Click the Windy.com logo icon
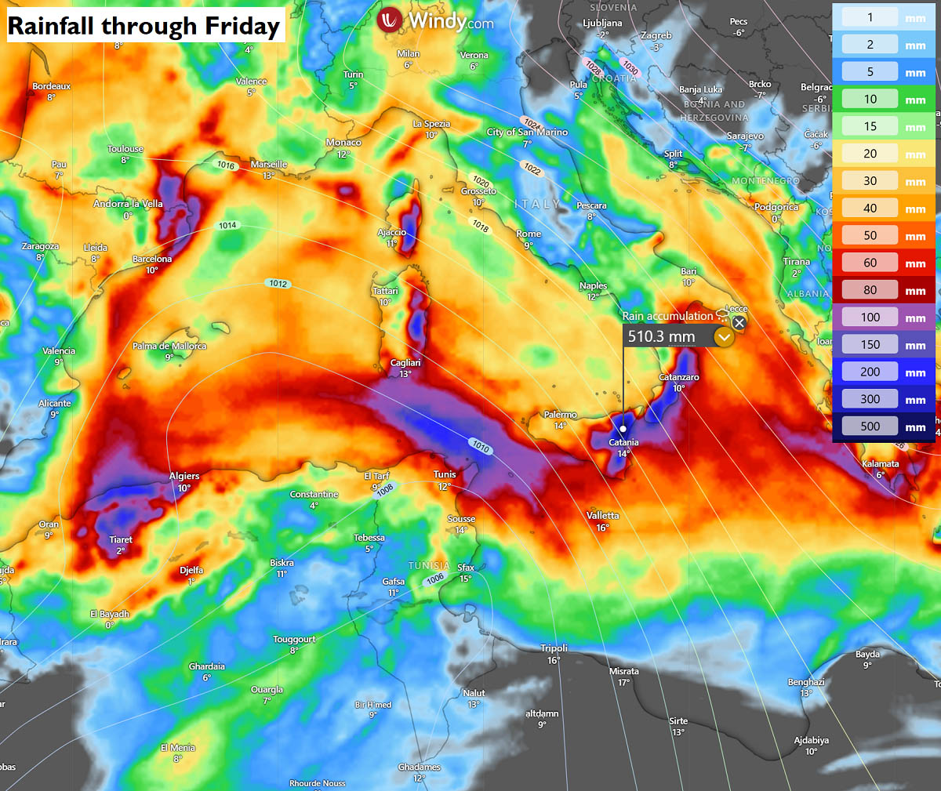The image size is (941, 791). [390, 20]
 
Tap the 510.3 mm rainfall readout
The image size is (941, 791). [661, 337]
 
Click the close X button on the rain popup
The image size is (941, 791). [739, 322]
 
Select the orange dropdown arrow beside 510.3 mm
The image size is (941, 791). [724, 337]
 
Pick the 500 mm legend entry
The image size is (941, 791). [870, 426]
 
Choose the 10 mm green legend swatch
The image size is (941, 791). [870, 100]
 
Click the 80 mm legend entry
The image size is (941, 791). [870, 290]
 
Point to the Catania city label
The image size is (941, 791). [623, 443]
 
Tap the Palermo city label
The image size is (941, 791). [560, 415]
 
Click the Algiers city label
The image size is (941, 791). [184, 477]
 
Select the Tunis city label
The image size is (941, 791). [445, 474]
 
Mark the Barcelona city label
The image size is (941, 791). [152, 259]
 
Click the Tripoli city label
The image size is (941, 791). [554, 648]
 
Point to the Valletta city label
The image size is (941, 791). [602, 516]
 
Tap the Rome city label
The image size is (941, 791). [529, 234]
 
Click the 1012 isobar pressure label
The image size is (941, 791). [278, 284]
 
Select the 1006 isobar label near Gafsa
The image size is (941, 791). [435, 579]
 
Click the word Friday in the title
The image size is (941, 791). [242, 27]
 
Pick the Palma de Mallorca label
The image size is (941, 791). [169, 347]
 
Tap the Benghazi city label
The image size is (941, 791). [806, 682]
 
